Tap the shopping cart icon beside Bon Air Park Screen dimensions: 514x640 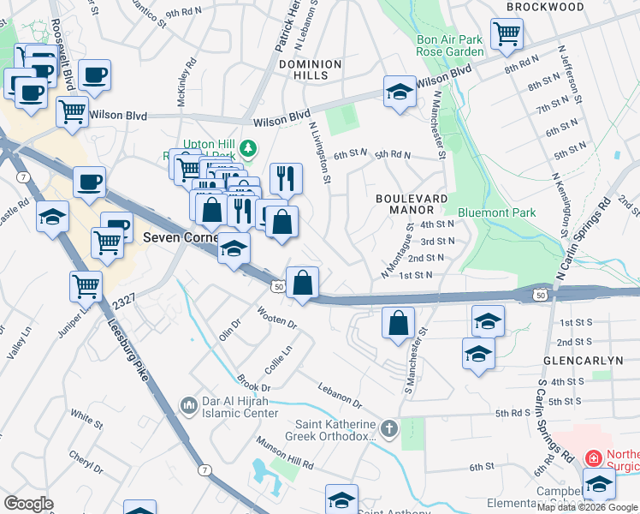click(507, 34)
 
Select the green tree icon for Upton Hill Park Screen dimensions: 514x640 click(248, 150)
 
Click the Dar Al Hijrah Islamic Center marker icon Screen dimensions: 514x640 click(188, 403)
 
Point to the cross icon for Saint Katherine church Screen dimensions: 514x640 click(389, 427)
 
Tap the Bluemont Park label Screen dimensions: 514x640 click(496, 212)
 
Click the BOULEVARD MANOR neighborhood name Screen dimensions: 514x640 click(412, 203)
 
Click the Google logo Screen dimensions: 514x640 click(28, 504)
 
